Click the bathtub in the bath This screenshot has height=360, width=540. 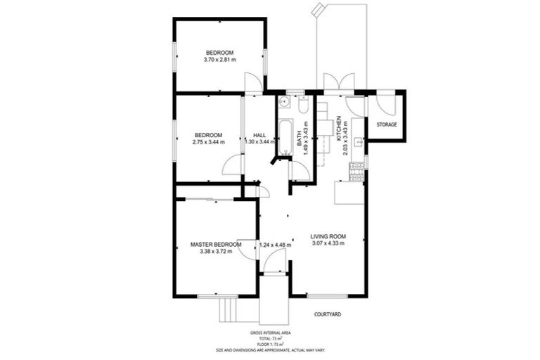(284, 138)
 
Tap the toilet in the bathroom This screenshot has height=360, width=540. (303, 105)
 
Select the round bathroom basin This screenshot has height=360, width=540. (283, 103)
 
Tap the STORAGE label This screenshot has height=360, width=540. (387, 124)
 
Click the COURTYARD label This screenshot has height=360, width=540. (328, 314)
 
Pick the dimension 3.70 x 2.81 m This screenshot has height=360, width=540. (219, 60)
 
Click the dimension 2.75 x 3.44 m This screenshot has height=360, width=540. (208, 142)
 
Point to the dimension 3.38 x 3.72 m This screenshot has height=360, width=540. (216, 251)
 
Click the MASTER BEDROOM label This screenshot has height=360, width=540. (216, 244)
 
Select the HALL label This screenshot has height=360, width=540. (259, 134)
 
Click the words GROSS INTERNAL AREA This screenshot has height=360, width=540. (270, 333)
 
